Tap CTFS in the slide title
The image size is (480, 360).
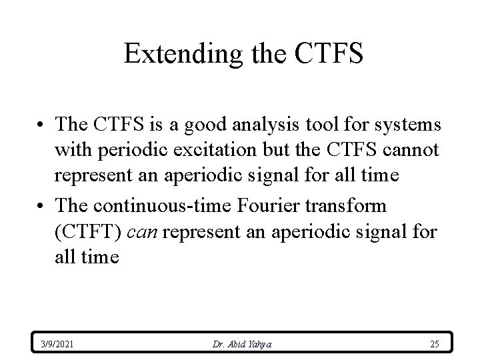[326, 54]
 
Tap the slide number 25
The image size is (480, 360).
[434, 344]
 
